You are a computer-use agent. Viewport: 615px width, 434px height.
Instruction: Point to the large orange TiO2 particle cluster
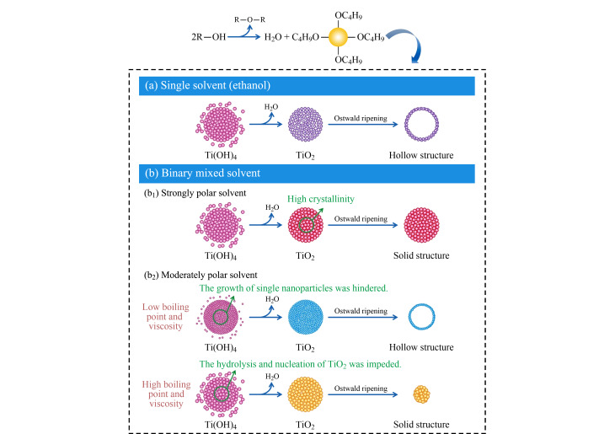coord(307,393)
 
